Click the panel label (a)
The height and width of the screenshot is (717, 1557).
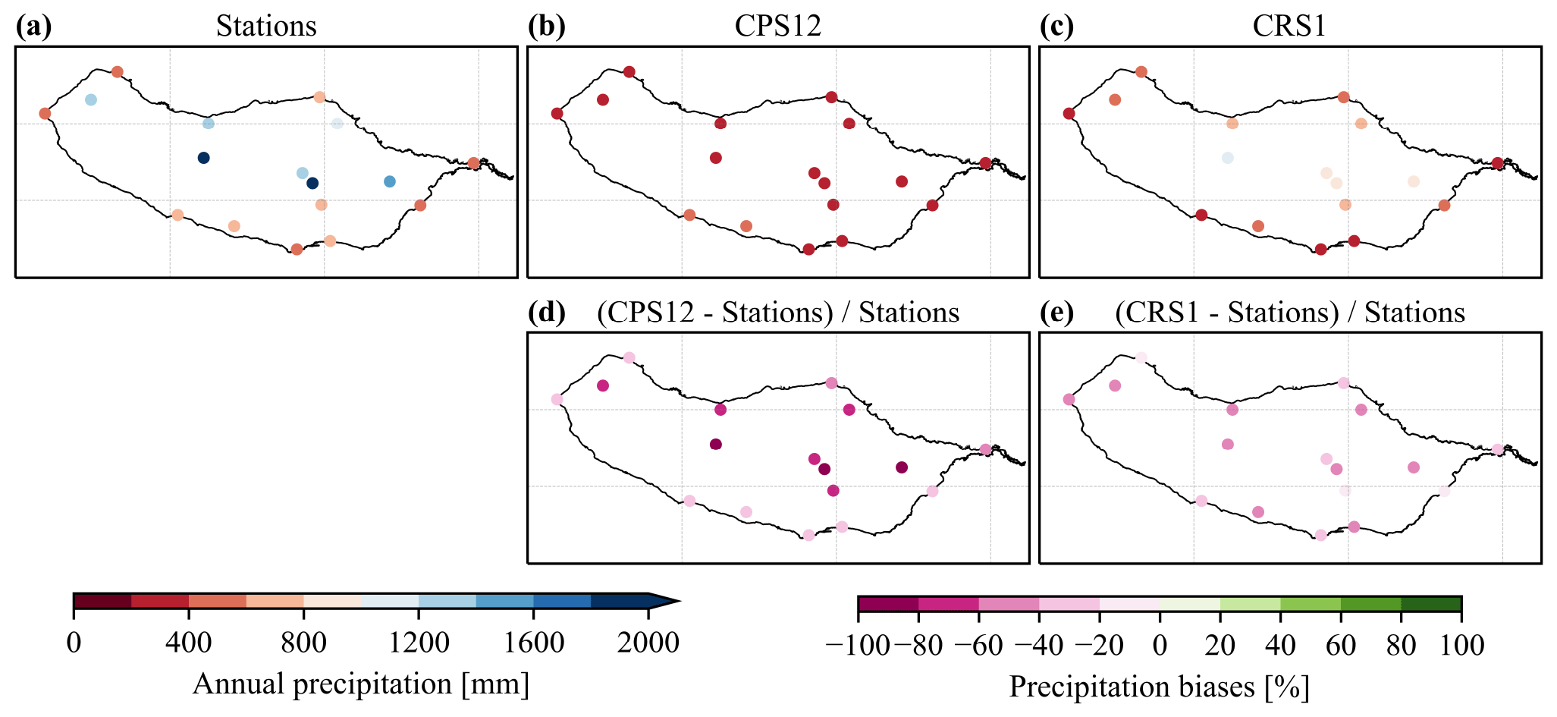coord(33,27)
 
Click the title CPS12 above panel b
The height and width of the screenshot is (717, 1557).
coord(777,27)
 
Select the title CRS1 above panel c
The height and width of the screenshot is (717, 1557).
coord(1289,27)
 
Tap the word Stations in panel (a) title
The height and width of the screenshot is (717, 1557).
coord(266,27)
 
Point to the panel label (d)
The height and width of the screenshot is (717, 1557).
coord(546,313)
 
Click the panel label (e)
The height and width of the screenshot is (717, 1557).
coord(1057,313)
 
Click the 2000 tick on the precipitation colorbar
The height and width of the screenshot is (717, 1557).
coord(648,643)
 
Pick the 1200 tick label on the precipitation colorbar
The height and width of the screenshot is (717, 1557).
coord(419,643)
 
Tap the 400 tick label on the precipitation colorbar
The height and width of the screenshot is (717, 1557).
coord(188,643)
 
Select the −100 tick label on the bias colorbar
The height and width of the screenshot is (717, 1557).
coord(858,646)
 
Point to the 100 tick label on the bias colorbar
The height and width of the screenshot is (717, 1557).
coord(1461,646)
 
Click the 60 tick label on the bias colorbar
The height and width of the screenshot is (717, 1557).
coord(1341,646)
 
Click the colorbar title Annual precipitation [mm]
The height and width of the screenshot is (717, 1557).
coord(361,684)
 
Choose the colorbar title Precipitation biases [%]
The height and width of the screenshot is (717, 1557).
coord(1159,687)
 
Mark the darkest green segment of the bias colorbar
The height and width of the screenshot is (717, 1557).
coord(1431,604)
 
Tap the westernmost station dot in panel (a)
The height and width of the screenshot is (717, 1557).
coord(45,114)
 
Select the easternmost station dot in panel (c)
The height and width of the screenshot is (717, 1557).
coord(1497,163)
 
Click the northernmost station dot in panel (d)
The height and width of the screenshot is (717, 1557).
coord(629,358)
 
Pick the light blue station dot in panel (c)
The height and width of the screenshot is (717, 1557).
coord(1227,158)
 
